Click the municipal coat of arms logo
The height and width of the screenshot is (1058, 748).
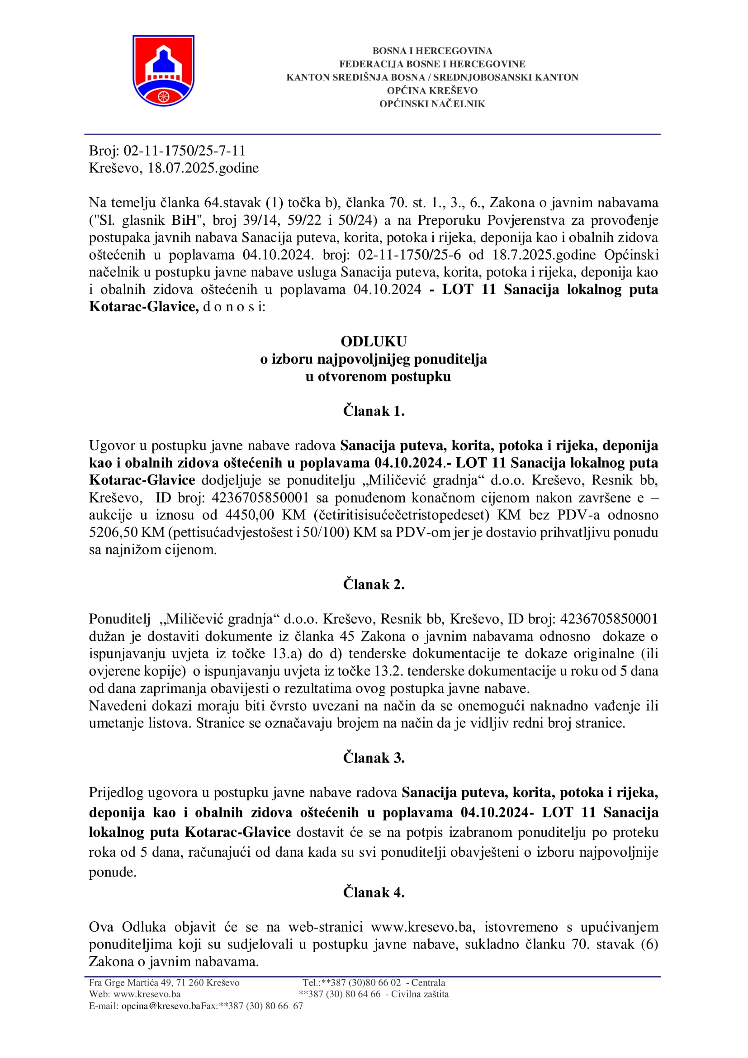point(163,70)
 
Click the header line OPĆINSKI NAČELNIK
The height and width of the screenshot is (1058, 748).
point(432,104)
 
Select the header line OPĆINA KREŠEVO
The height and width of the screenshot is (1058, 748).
point(432,91)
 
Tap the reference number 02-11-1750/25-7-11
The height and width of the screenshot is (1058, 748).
point(184,151)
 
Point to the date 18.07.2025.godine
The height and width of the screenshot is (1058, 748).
point(203,168)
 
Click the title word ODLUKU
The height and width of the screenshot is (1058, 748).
point(374,342)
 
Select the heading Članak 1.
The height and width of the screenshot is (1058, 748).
point(374,411)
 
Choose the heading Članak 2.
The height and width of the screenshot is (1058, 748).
point(374,584)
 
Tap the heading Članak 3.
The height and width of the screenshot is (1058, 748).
point(374,758)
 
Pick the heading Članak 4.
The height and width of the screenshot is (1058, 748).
point(374,892)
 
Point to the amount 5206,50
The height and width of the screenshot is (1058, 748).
point(113,532)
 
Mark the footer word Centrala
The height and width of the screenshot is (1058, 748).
point(428,982)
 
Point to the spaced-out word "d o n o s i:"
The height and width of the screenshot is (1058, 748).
point(234,306)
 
